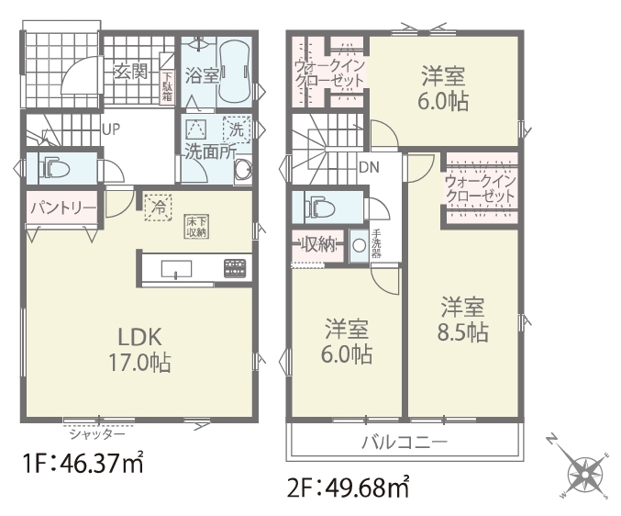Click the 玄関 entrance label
(x=130, y=72)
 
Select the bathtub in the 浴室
(x=234, y=73)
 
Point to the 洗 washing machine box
(x=237, y=129)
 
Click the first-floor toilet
(x=54, y=168)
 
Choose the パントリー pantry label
(x=63, y=208)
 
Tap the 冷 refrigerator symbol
(x=158, y=208)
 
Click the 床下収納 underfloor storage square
(x=197, y=227)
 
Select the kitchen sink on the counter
(x=177, y=269)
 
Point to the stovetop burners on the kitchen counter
(x=235, y=268)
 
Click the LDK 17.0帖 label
(x=140, y=350)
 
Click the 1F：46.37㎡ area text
(x=83, y=464)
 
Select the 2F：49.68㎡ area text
(x=349, y=487)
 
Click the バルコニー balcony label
(x=405, y=442)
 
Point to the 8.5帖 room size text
(x=462, y=332)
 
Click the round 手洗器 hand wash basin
(x=360, y=246)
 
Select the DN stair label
(x=369, y=167)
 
